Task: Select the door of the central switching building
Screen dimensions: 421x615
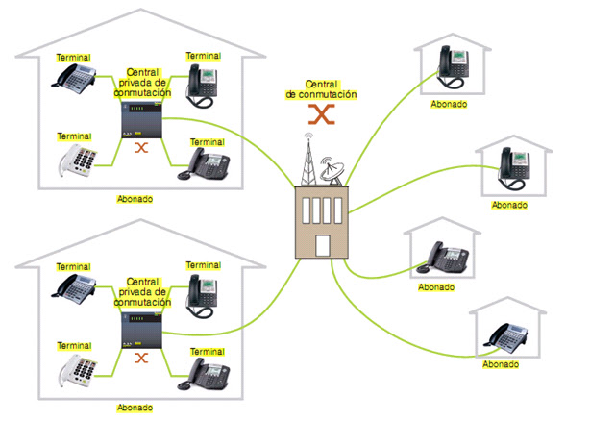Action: [x=322, y=245]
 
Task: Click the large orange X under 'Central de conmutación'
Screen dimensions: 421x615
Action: [x=321, y=114]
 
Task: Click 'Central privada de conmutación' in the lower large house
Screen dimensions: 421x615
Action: [x=142, y=294]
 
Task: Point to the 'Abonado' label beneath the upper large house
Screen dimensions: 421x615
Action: [x=135, y=199]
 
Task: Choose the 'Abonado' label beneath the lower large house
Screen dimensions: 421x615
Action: [x=135, y=408]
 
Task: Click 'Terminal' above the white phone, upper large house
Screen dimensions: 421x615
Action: [x=74, y=136]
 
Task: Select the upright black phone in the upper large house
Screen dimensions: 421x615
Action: [x=205, y=84]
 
